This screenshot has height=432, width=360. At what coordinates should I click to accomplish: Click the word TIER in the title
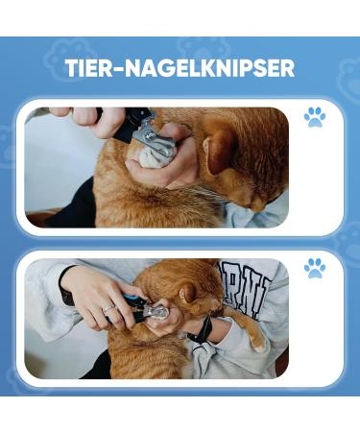pos(90,68)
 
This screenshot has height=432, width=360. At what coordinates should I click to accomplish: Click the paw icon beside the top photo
pos(315,117)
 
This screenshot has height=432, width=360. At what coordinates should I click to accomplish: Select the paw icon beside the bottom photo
pos(315,268)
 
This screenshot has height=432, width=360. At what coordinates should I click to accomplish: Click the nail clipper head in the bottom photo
pos(156,313)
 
